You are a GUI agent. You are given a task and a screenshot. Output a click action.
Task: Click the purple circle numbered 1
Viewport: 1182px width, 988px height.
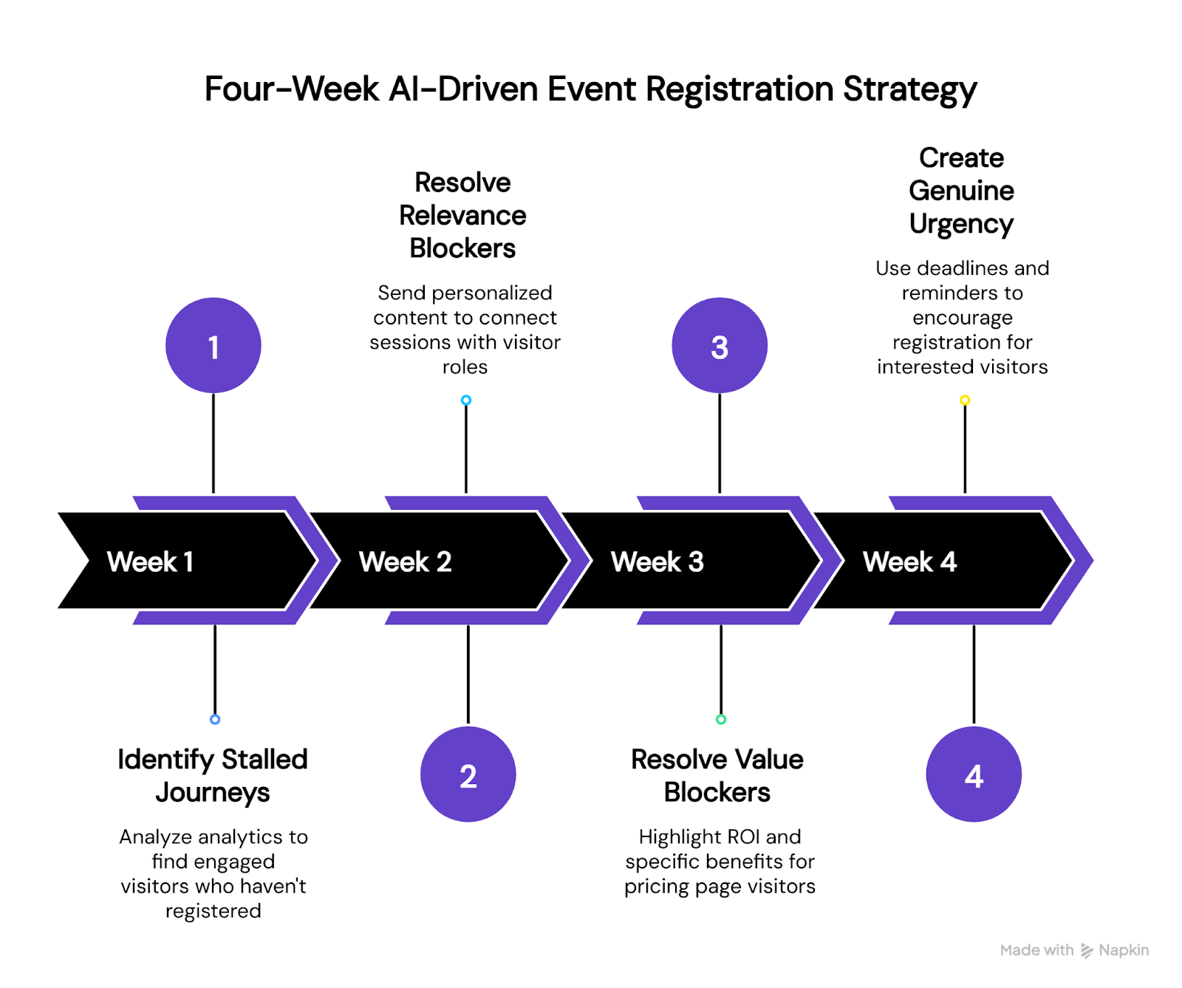pos(213,345)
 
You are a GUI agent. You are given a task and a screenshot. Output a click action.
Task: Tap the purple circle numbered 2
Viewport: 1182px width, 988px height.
pos(468,774)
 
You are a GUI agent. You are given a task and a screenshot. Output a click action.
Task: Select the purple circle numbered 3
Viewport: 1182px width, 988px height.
pos(720,345)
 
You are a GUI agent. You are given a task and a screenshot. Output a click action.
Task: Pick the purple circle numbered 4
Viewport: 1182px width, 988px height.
pos(974,774)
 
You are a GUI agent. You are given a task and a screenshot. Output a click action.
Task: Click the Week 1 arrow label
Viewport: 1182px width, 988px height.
pos(151,562)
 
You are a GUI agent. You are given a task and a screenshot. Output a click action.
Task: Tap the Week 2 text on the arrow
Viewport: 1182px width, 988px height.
pos(405,562)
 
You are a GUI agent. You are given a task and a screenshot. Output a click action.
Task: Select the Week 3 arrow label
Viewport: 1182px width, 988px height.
pos(657,562)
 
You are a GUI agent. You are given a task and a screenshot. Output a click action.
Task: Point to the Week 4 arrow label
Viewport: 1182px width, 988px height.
pos(909,562)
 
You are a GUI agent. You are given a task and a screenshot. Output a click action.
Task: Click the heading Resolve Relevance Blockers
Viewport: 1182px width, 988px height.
pos(462,215)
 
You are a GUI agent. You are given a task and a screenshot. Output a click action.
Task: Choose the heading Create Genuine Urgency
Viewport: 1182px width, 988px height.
pos(961,191)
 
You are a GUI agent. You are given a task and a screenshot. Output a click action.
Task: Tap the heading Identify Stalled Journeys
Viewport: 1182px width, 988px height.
pos(213,775)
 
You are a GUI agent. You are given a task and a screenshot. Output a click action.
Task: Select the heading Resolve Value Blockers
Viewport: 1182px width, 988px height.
pos(717,775)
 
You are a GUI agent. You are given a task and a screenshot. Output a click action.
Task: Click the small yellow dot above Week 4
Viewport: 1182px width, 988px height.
pos(965,401)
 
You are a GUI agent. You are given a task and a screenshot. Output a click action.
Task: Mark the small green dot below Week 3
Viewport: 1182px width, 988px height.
pos(721,719)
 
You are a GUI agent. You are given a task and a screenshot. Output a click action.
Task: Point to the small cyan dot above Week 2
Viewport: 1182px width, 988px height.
pos(466,401)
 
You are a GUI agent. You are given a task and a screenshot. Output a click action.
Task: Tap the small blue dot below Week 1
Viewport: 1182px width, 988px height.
pos(215,719)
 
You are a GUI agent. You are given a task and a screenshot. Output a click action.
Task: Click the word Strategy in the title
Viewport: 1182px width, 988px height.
pos(909,89)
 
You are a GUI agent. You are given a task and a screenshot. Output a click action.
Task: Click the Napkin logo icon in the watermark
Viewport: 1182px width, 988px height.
pos(1087,950)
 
